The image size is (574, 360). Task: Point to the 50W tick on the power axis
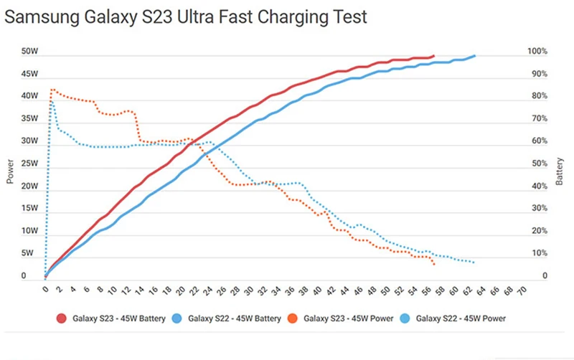coord(29,52)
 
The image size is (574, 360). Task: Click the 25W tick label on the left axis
coord(29,164)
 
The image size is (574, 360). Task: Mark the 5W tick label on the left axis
coord(27,253)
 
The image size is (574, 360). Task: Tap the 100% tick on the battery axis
coord(537,52)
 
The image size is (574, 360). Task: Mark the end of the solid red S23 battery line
coord(433,55)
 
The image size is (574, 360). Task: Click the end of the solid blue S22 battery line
coord(474,55)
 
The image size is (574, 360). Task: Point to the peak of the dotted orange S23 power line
coord(52,90)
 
